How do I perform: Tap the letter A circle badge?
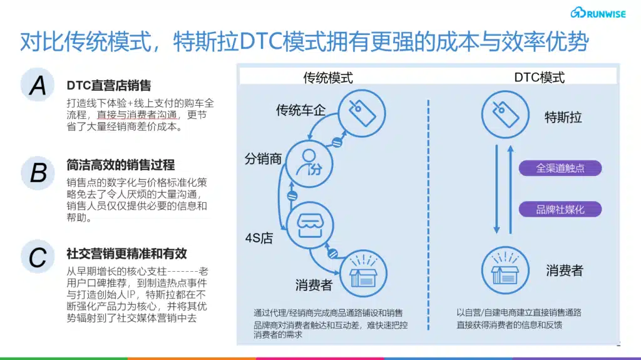[38, 85]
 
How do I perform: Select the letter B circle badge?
[38, 173]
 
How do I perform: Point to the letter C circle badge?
[38, 257]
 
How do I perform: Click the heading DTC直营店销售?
[109, 85]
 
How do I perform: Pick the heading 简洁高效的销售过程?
[121, 165]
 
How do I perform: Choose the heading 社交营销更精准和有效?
[126, 254]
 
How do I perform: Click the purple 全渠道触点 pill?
[560, 168]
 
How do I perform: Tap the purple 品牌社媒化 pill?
[560, 210]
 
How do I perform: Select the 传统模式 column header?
[328, 78]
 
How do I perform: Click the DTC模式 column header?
[539, 77]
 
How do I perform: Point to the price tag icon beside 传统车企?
[362, 113]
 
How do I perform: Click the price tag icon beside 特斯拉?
[505, 114]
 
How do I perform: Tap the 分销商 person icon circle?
[309, 163]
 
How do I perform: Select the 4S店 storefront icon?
[310, 225]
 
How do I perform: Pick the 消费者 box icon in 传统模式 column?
[363, 273]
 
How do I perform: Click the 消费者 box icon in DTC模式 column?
[505, 270]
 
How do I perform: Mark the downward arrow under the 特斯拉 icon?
[496, 189]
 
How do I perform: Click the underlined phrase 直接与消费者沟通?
[137, 115]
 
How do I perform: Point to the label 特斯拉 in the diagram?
[563, 118]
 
